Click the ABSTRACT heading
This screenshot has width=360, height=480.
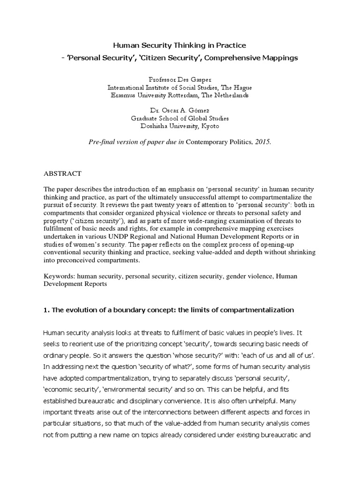pos(62,173)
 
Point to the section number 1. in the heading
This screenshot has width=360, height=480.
pos(46,310)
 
